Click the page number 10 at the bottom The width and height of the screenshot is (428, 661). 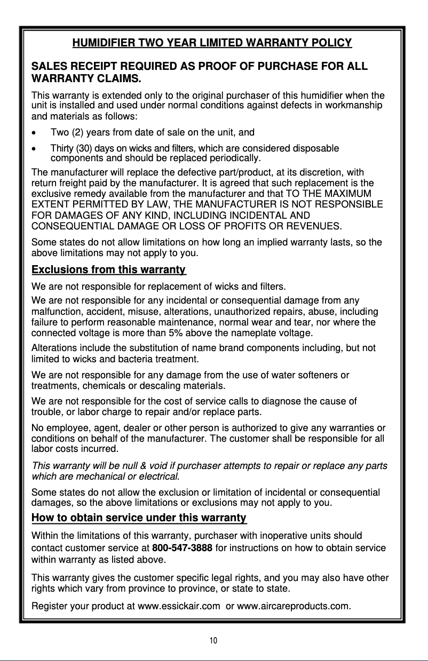pyautogui.click(x=213, y=641)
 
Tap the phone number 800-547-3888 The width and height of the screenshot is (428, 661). pyautogui.click(x=183, y=548)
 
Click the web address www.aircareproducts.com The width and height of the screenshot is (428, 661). pyautogui.click(x=292, y=606)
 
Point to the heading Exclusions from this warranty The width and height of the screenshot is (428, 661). pyautogui.click(x=108, y=269)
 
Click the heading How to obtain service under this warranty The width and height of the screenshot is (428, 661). pyautogui.click(x=139, y=517)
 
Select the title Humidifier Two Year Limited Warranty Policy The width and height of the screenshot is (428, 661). pyautogui.click(x=212, y=43)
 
